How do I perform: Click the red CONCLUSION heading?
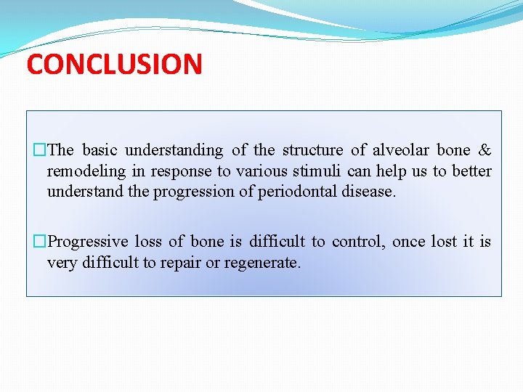click(115, 64)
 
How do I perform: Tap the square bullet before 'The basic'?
click(39, 150)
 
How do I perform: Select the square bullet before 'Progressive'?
click(39, 241)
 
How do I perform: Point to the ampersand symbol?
click(485, 150)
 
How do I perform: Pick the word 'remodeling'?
click(86, 171)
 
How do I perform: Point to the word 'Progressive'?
click(88, 242)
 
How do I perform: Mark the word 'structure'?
click(312, 150)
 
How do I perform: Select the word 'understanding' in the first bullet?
click(174, 150)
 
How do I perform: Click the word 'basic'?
click(100, 150)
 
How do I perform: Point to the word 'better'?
click(471, 171)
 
